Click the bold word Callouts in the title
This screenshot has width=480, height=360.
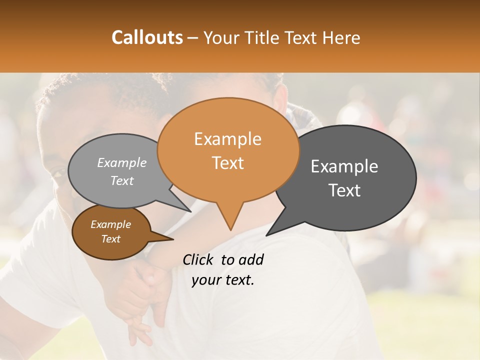tap(147, 37)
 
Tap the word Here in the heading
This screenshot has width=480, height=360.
tap(341, 38)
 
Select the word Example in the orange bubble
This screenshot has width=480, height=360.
tap(227, 139)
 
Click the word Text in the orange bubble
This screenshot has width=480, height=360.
tap(227, 162)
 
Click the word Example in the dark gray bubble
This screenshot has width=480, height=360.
tap(344, 166)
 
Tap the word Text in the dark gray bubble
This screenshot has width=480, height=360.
tap(344, 190)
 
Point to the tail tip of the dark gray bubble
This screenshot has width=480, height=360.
tap(267, 235)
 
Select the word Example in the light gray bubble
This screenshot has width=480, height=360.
tap(122, 162)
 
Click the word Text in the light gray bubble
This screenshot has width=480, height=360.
tap(122, 180)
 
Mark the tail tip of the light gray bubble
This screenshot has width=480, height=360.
tap(190, 211)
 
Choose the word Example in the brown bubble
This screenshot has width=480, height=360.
tap(110, 224)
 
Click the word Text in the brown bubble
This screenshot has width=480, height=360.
tap(110, 238)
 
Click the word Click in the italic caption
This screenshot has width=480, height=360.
tap(199, 259)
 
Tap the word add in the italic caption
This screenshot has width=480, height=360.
tap(251, 259)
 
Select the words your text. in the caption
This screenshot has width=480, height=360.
tap(223, 280)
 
